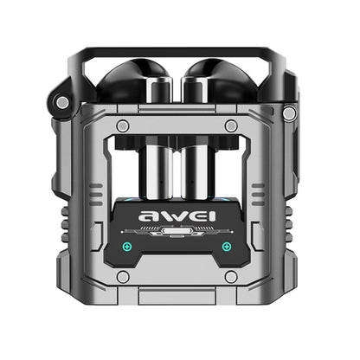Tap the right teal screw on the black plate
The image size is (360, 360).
click(227, 246)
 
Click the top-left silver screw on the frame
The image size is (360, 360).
click(123, 126)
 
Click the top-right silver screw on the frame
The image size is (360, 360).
click(231, 126)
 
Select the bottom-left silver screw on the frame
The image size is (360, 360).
click(123, 276)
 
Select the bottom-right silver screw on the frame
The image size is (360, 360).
click(231, 276)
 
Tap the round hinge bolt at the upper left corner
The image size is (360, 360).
click(62, 102)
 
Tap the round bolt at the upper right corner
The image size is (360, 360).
click(289, 113)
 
